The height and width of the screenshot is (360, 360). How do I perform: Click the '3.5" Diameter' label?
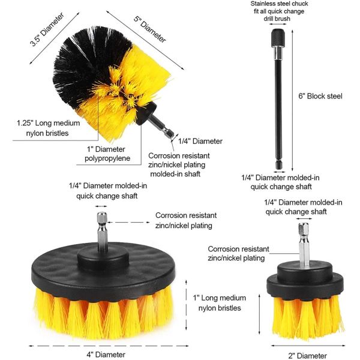point(47,29)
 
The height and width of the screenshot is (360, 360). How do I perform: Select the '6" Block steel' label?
point(320,96)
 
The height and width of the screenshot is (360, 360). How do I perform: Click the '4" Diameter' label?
point(106,355)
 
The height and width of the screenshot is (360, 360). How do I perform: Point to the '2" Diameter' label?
point(307,356)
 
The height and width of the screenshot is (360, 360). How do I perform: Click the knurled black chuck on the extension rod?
point(278,38)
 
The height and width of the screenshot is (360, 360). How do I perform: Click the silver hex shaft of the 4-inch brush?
point(102,232)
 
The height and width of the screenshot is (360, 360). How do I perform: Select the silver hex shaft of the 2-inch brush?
point(304,245)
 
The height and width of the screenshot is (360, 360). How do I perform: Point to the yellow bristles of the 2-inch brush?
point(308,316)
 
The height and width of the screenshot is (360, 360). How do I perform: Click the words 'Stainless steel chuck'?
point(279,4)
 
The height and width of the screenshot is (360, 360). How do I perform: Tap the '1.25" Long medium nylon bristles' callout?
point(48,128)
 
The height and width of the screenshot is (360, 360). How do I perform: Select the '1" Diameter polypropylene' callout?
point(107,154)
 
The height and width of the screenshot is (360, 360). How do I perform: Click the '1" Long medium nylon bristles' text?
point(220,303)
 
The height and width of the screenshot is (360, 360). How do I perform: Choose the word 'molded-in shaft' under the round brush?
point(175,174)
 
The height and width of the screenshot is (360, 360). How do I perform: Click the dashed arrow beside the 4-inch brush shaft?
point(128,222)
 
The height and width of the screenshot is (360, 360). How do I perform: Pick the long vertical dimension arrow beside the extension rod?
point(292,100)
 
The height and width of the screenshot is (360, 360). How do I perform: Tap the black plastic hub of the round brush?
point(146,113)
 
